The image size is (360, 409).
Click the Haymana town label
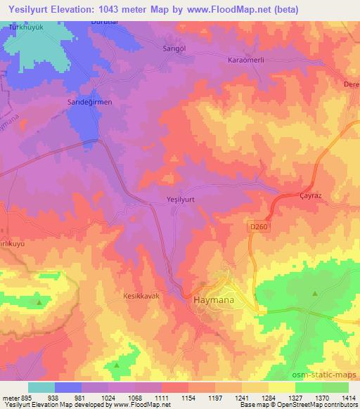[x=212, y=300]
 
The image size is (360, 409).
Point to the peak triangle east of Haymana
[x=315, y=292]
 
